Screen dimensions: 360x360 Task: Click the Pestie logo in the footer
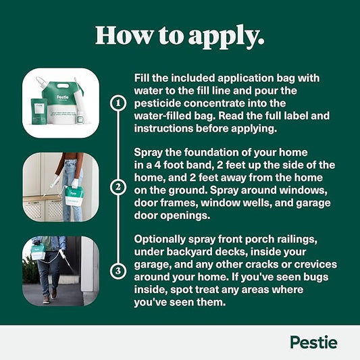point(313,342)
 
